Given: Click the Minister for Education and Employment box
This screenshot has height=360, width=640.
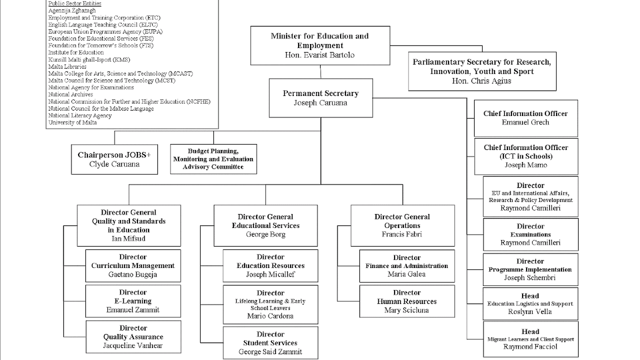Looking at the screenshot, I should (x=320, y=45).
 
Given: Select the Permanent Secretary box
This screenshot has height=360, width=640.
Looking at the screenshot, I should (x=320, y=98).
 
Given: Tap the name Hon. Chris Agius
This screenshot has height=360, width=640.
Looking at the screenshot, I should (x=481, y=80).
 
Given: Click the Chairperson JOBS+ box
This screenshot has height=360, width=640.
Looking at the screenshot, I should (x=114, y=159).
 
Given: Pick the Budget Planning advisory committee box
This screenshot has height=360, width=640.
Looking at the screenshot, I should (x=213, y=159).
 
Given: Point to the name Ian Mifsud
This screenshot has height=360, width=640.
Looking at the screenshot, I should (x=128, y=238).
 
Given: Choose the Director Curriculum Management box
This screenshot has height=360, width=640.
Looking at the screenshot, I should (x=132, y=265).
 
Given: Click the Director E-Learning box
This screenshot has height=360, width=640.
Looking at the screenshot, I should (x=132, y=301).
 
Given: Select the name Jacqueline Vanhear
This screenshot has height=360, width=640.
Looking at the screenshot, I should (x=133, y=345).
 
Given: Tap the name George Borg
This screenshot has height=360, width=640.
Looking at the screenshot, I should (x=265, y=234).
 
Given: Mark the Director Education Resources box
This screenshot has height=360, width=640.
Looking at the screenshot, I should (x=270, y=265).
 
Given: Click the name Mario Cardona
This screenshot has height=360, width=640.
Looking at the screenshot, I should (x=270, y=316).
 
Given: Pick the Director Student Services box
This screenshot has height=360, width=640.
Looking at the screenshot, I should (x=270, y=343).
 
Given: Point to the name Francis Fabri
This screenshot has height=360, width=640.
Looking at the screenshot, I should (x=402, y=234).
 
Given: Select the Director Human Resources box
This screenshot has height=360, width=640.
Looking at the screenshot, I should (x=407, y=301).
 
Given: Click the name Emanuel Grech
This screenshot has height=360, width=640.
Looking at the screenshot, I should (x=525, y=122).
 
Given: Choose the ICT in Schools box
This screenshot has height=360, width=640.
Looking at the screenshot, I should (x=526, y=156).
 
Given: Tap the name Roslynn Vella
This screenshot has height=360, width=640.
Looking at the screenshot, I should (x=530, y=311).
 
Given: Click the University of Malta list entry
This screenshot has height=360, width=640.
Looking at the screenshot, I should (x=72, y=122).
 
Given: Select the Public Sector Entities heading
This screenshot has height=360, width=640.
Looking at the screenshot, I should (x=72, y=3).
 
